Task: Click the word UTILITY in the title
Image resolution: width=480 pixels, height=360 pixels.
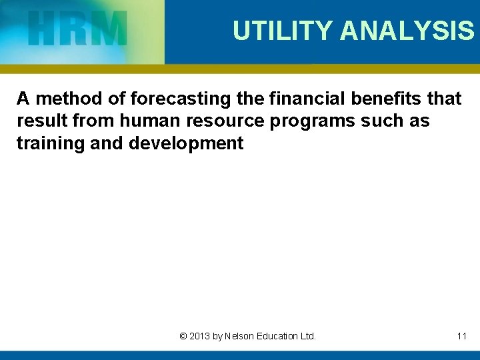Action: (283, 31)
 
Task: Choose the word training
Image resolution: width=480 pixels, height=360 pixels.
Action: (49, 143)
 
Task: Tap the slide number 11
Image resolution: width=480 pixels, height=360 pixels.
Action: (461, 336)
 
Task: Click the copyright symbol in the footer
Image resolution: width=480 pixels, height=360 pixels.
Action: (183, 336)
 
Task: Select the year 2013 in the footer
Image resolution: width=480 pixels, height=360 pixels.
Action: (199, 336)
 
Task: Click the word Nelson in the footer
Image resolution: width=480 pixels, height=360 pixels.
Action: (241, 336)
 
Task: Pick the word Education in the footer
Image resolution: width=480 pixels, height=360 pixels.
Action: (279, 336)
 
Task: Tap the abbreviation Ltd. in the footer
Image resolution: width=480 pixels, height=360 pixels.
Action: (308, 336)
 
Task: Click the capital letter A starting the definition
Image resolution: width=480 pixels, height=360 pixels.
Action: (23, 99)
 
